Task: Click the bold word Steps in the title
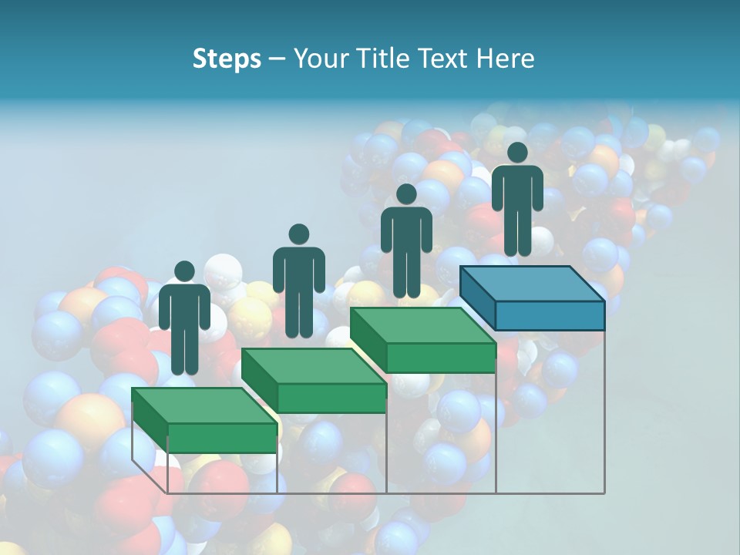tap(227, 59)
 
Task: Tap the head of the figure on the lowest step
tap(184, 271)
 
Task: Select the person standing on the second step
tap(298, 281)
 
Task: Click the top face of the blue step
tap(532, 284)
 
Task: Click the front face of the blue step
tap(550, 315)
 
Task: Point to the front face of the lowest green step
tap(222, 438)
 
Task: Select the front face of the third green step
tap(440, 358)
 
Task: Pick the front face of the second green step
tap(331, 398)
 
